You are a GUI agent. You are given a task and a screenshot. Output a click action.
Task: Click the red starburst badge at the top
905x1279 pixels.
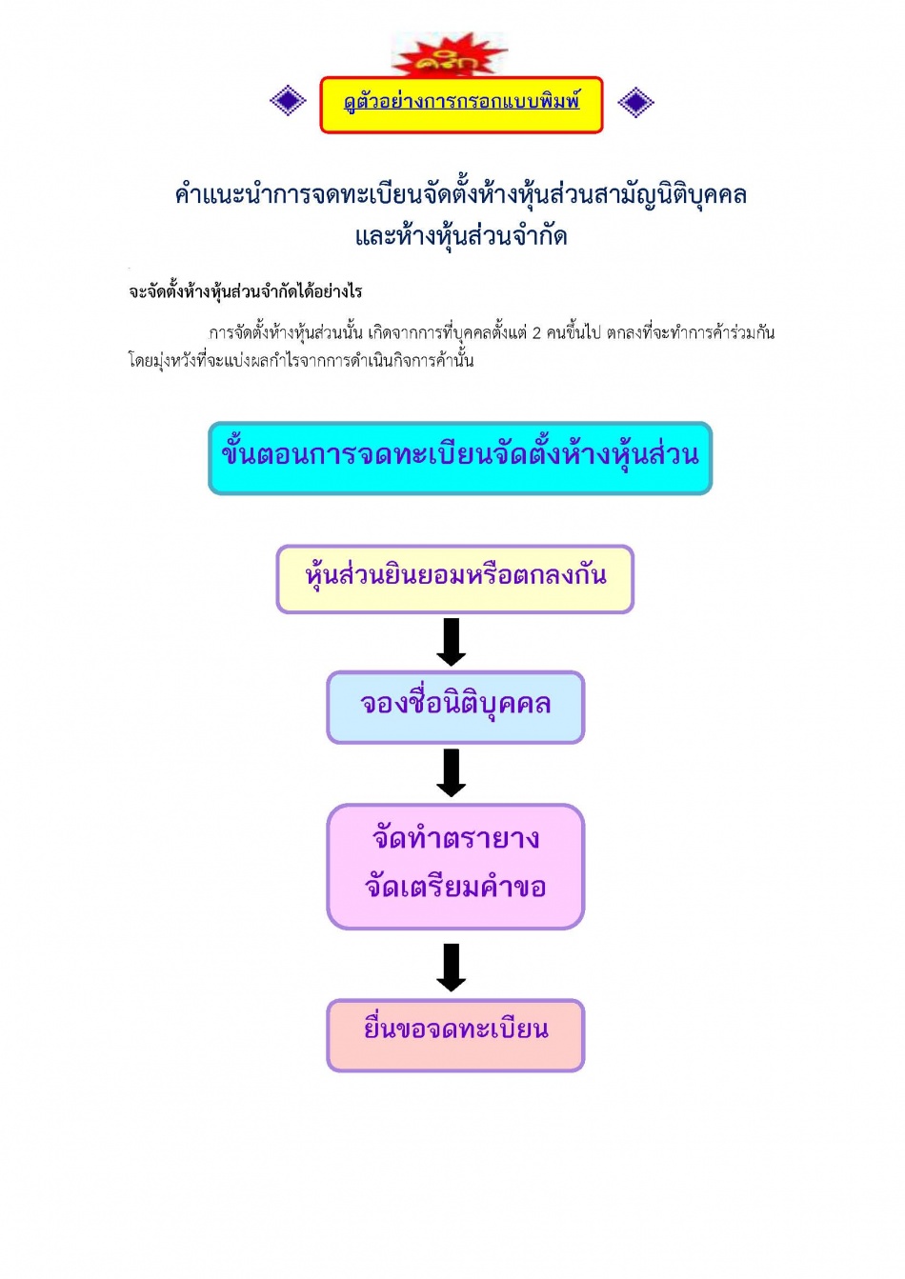pyautogui.click(x=450, y=54)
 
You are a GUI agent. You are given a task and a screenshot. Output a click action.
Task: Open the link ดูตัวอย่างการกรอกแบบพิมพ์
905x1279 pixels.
pyautogui.click(x=461, y=102)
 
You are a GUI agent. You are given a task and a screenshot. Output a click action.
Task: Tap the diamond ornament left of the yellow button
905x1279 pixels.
pyautogui.click(x=288, y=101)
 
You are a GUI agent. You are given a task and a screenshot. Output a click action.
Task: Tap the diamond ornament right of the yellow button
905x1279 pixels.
pyautogui.click(x=635, y=102)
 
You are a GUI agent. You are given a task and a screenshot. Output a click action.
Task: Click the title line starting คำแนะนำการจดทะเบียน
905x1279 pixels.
pyautogui.click(x=461, y=195)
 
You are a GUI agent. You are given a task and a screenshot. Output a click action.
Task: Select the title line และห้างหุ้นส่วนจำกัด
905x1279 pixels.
pyautogui.click(x=461, y=236)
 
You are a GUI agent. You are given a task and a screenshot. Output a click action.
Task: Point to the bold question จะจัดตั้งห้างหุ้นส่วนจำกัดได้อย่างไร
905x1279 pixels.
pyautogui.click(x=246, y=291)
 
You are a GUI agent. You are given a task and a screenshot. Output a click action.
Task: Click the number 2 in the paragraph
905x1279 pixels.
pyautogui.click(x=536, y=333)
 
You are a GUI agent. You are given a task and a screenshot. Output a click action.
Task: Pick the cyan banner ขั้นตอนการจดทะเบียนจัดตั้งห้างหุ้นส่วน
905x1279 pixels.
pyautogui.click(x=460, y=458)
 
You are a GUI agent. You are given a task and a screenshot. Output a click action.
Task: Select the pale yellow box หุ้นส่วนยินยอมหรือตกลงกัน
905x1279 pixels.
pyautogui.click(x=455, y=579)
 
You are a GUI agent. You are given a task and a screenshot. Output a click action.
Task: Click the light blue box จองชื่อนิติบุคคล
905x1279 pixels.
pyautogui.click(x=455, y=708)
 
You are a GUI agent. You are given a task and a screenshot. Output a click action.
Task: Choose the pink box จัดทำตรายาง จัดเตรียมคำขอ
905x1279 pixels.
pyautogui.click(x=455, y=867)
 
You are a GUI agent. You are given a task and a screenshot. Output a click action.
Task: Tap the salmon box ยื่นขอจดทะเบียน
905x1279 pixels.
pyautogui.click(x=455, y=1035)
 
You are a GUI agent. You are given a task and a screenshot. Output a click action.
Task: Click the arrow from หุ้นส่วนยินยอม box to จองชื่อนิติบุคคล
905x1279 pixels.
pyautogui.click(x=452, y=642)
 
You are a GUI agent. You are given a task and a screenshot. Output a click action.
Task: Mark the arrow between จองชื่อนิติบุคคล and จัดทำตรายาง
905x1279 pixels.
pyautogui.click(x=452, y=773)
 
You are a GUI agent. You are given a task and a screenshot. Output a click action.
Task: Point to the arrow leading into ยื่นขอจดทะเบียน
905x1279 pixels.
pyautogui.click(x=452, y=968)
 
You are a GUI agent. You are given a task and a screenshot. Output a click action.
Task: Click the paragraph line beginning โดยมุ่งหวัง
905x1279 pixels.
pyautogui.click(x=301, y=361)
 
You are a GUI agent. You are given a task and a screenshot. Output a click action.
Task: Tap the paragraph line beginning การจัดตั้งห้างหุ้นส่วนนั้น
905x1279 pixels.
pyautogui.click(x=492, y=333)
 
